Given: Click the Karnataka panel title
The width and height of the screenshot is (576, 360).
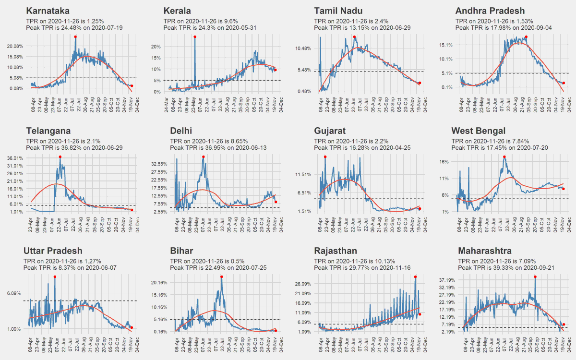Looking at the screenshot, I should pyautogui.click(x=48, y=11).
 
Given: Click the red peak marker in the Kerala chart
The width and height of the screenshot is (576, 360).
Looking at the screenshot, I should pyautogui.click(x=194, y=37).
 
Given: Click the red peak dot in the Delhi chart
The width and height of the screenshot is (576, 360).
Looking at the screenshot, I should pyautogui.click(x=203, y=157).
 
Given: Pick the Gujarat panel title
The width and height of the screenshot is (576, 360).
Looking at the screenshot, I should pyautogui.click(x=331, y=131).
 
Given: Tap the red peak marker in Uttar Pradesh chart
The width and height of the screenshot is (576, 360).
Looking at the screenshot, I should pyautogui.click(x=55, y=277).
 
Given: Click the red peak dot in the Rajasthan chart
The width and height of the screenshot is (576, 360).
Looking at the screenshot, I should pyautogui.click(x=415, y=277).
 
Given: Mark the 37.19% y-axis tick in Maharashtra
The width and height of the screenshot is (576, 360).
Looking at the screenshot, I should pyautogui.click(x=447, y=279).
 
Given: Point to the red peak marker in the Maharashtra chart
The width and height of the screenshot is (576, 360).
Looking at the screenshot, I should pyautogui.click(x=535, y=277).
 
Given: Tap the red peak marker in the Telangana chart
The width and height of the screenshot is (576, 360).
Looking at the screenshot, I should pyautogui.click(x=60, y=157).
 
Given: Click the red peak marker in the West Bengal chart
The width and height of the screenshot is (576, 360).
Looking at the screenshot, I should pyautogui.click(x=504, y=157).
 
